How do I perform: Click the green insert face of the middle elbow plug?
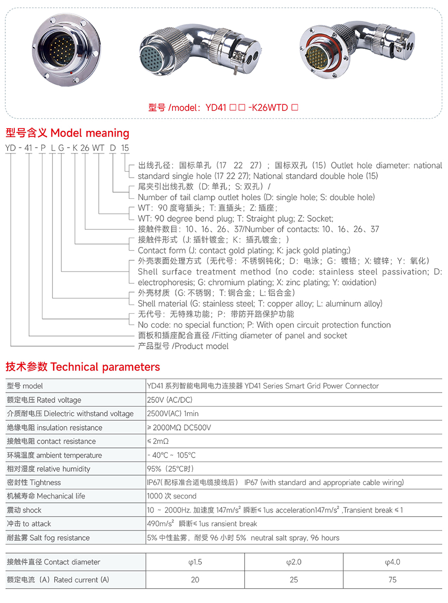[154, 59]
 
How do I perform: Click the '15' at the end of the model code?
[125, 148]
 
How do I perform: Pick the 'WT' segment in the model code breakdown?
[98, 148]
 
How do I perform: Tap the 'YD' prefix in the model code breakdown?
[10, 148]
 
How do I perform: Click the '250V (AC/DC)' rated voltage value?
[169, 400]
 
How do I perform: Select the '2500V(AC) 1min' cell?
[172, 413]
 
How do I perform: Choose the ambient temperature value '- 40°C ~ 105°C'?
[172, 455]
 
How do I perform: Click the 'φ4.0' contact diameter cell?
[392, 562]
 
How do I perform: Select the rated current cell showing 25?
[294, 580]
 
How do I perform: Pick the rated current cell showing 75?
[392, 580]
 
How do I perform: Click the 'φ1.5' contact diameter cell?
[195, 562]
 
